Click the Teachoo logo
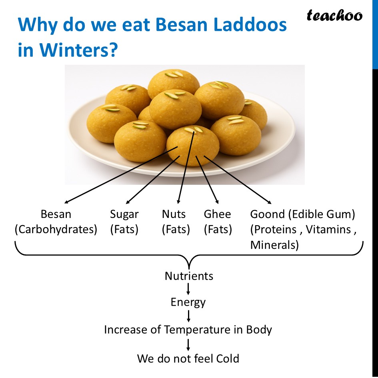click(334, 16)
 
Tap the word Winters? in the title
click(79, 51)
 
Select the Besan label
click(56, 214)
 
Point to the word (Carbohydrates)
click(56, 230)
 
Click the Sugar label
click(124, 214)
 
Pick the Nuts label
click(174, 214)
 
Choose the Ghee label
click(217, 214)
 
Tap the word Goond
click(267, 214)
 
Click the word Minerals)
click(274, 245)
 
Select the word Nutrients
click(189, 276)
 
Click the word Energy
click(188, 302)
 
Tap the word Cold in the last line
click(227, 358)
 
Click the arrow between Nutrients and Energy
click(188, 289)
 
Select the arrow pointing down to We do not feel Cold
click(188, 344)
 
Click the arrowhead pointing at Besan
click(67, 202)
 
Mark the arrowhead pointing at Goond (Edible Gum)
click(269, 202)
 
